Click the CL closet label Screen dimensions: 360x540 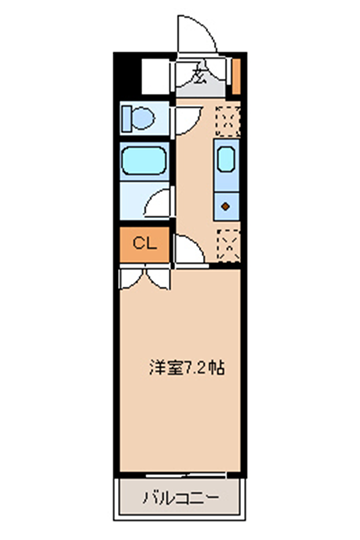tap(145, 244)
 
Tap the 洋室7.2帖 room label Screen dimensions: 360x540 tap(187, 368)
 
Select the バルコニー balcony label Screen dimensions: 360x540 tap(181, 498)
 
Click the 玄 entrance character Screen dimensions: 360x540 tap(199, 75)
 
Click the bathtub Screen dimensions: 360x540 tap(144, 161)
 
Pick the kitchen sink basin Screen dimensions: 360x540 tap(226, 159)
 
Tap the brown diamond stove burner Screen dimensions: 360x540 tap(226, 207)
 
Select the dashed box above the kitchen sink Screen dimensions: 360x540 tap(227, 121)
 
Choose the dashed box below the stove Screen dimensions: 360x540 tap(228, 245)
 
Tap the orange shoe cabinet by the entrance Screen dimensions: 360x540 tap(236, 76)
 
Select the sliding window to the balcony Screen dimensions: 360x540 tap(186, 476)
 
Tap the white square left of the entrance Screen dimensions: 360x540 tap(156, 76)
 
